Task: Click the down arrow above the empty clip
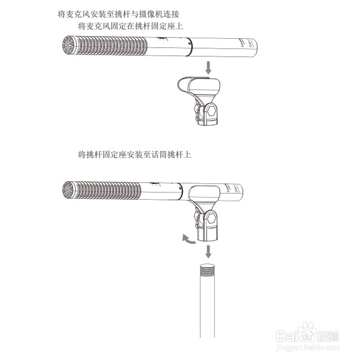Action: [x=208, y=67]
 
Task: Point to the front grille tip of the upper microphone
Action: [x=68, y=46]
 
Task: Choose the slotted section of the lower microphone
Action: [x=108, y=191]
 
